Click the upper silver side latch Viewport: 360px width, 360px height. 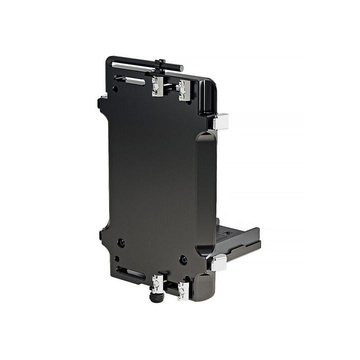point(220,121)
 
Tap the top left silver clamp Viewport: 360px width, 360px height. point(157,86)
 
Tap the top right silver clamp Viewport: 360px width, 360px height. point(183,90)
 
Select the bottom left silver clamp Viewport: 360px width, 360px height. point(157,283)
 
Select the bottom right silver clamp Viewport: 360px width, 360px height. point(183,290)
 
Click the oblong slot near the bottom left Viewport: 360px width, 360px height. point(130,273)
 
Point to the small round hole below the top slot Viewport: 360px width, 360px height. point(115,89)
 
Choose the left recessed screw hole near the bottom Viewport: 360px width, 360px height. point(121,243)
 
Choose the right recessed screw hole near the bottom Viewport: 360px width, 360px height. point(183,260)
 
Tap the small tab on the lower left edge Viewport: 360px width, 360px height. point(101,233)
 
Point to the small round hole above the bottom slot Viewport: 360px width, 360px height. point(116,258)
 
